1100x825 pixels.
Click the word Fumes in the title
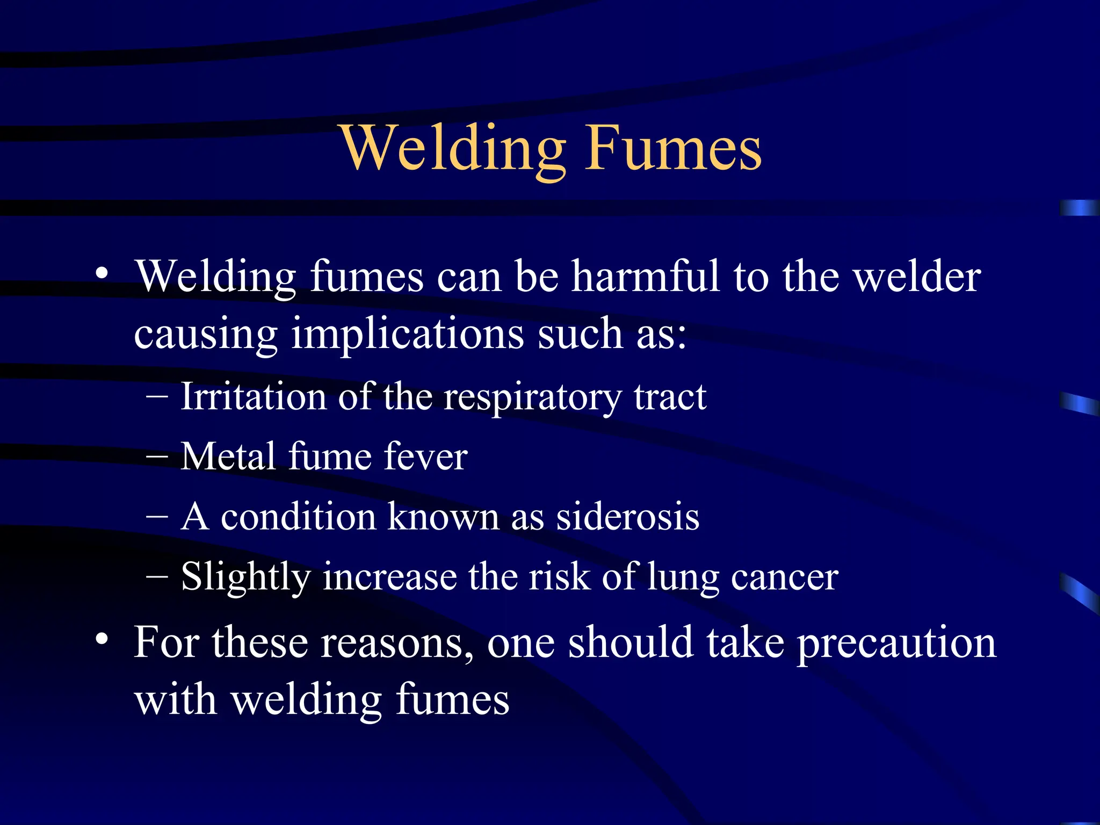(674, 148)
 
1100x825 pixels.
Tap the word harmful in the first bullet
(645, 276)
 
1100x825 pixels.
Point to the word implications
(407, 334)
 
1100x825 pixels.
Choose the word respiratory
(532, 398)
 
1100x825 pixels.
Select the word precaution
(896, 643)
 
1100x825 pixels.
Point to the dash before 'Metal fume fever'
(156, 457)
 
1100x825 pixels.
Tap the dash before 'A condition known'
(156, 517)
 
